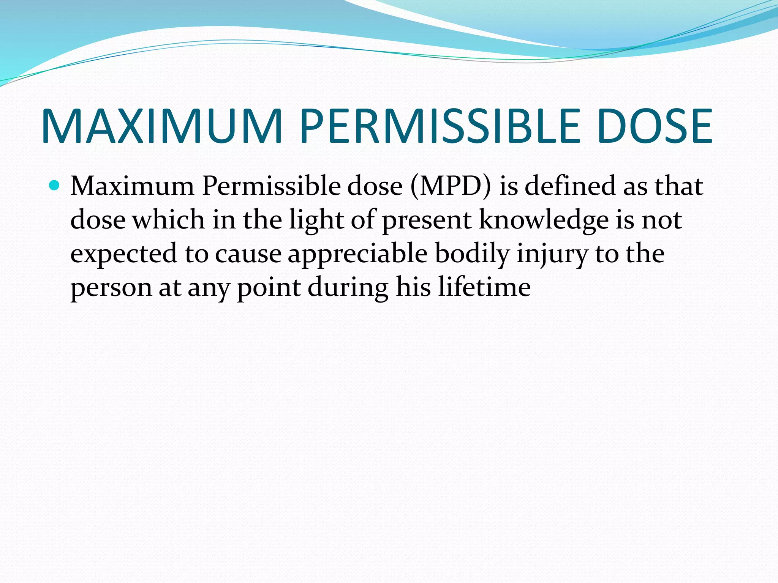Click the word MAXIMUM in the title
[x=161, y=126]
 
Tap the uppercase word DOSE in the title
[x=654, y=126]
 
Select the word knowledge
[x=543, y=221]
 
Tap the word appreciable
[x=357, y=254]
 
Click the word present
[x=426, y=221]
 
